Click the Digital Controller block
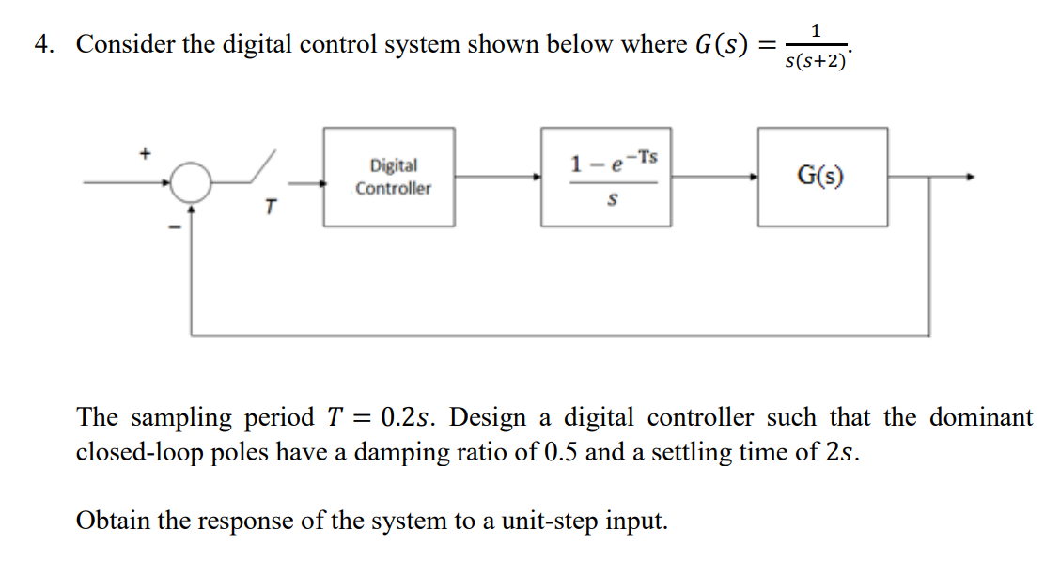click(x=389, y=177)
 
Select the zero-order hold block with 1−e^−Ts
click(x=605, y=177)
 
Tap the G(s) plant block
click(x=821, y=177)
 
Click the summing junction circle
click(x=191, y=180)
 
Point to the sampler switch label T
click(x=269, y=208)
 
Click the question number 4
click(x=41, y=44)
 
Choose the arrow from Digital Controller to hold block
click(x=497, y=177)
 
